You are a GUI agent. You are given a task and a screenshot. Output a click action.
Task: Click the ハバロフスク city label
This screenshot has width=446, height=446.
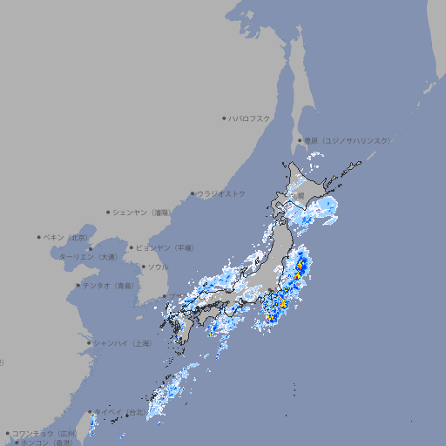[x=249, y=118]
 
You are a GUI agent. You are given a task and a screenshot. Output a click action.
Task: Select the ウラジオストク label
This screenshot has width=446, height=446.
[x=221, y=193]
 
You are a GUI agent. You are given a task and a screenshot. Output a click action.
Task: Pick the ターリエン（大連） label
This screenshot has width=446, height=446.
[x=88, y=257]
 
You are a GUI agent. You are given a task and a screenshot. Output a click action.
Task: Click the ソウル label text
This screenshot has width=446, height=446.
[x=158, y=267]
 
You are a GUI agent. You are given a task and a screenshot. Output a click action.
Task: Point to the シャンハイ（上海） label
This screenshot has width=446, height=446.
[x=122, y=343]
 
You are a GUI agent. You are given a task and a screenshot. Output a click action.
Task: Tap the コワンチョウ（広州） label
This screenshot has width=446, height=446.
[x=44, y=433]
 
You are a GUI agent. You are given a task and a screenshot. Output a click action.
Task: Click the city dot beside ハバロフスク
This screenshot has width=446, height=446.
[x=224, y=118]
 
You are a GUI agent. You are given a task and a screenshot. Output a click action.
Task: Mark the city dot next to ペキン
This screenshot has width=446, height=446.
[x=39, y=237]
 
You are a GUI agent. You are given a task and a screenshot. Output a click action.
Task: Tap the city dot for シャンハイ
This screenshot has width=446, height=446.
[x=89, y=343]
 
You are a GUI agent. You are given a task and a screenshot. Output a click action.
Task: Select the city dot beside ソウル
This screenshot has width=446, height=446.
[x=143, y=267]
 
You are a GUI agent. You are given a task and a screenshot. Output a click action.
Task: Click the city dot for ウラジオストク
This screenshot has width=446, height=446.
[x=193, y=193]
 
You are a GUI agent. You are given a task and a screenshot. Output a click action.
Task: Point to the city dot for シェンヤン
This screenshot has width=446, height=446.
[x=109, y=212]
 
